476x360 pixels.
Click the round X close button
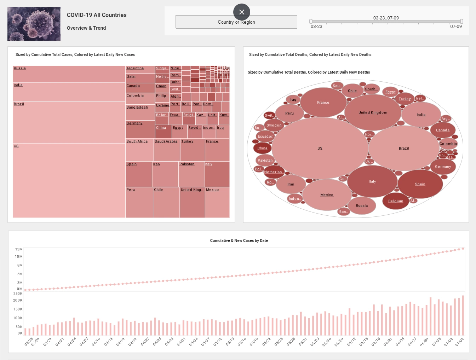[x=242, y=12]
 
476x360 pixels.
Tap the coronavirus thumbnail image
[x=34, y=24]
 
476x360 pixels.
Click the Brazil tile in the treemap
[x=69, y=122]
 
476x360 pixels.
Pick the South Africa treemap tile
[x=139, y=150]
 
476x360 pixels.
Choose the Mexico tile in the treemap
[x=217, y=202]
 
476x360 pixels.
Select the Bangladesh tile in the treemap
[x=140, y=112]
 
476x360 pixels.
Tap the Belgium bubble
[x=396, y=201]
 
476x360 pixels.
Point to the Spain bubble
[x=420, y=184]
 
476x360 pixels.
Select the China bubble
[x=262, y=148]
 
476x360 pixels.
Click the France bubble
[x=323, y=102]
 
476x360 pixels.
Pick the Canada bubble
[x=443, y=130]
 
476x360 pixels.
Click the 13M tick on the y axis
[x=19, y=249]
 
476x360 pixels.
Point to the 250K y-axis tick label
[x=18, y=294]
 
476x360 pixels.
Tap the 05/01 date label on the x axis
[x=181, y=342]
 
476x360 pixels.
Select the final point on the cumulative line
[x=463, y=249]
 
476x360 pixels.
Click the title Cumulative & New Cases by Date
[x=239, y=240]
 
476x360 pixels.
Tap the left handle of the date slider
[x=311, y=22]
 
